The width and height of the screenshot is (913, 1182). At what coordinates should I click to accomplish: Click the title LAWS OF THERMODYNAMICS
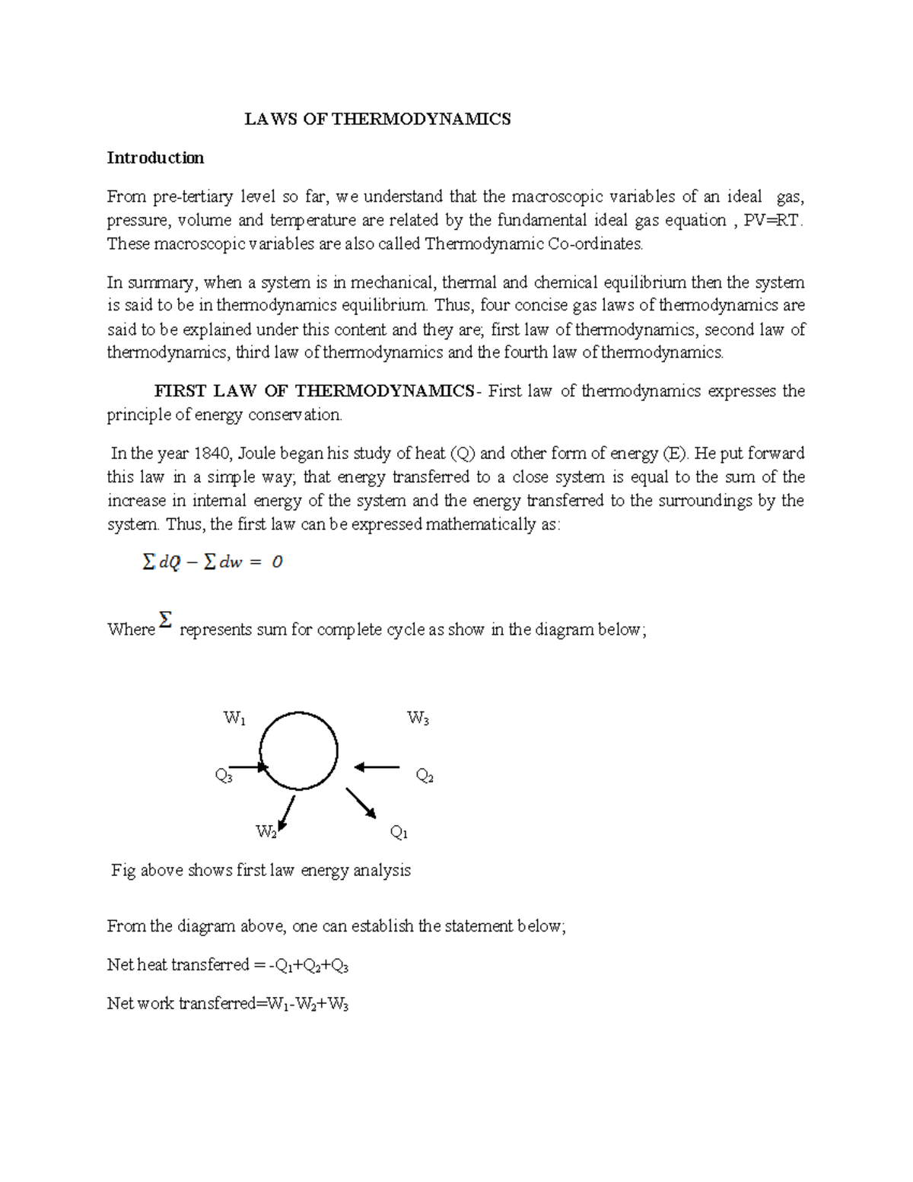pos(377,119)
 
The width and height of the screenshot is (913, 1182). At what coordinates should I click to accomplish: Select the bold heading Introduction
pos(155,158)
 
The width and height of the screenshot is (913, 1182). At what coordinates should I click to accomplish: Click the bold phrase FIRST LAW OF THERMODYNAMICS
pos(313,391)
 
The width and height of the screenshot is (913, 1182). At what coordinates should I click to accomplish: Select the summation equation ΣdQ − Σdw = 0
pos(212,563)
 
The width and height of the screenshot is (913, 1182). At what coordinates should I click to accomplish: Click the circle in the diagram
pos(298,751)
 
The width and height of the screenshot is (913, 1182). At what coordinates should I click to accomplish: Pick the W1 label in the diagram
pos(234,718)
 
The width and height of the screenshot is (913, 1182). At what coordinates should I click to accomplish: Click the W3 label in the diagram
pos(418,718)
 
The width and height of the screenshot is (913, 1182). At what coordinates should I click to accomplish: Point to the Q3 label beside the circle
pos(224,776)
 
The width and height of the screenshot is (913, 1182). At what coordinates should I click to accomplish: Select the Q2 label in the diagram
pos(425,776)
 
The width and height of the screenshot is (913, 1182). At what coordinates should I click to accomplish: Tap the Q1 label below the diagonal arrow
pos(399,833)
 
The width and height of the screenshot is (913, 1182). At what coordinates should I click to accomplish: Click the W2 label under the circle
pos(266,832)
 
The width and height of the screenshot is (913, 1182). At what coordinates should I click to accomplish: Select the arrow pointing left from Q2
pos(377,767)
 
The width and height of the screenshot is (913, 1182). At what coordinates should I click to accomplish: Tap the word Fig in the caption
pos(123,870)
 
